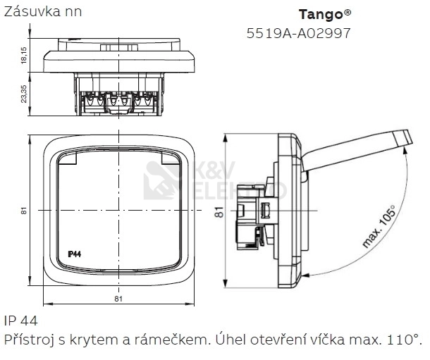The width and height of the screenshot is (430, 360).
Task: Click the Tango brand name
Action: pos(321,15)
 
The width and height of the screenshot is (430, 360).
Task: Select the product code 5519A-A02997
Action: pos(299,33)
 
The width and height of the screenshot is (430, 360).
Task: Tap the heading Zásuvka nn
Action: pos(43,12)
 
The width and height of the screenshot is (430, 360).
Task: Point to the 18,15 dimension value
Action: pos(24,55)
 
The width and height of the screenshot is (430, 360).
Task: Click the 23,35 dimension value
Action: pos(24,94)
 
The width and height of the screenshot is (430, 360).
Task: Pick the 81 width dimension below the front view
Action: pos(118,299)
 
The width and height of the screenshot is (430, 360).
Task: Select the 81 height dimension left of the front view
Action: pos(24,211)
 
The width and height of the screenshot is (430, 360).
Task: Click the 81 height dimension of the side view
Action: pos(219,211)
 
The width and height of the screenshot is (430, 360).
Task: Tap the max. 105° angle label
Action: pos(379,227)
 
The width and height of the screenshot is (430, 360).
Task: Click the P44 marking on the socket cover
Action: pos(74,254)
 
